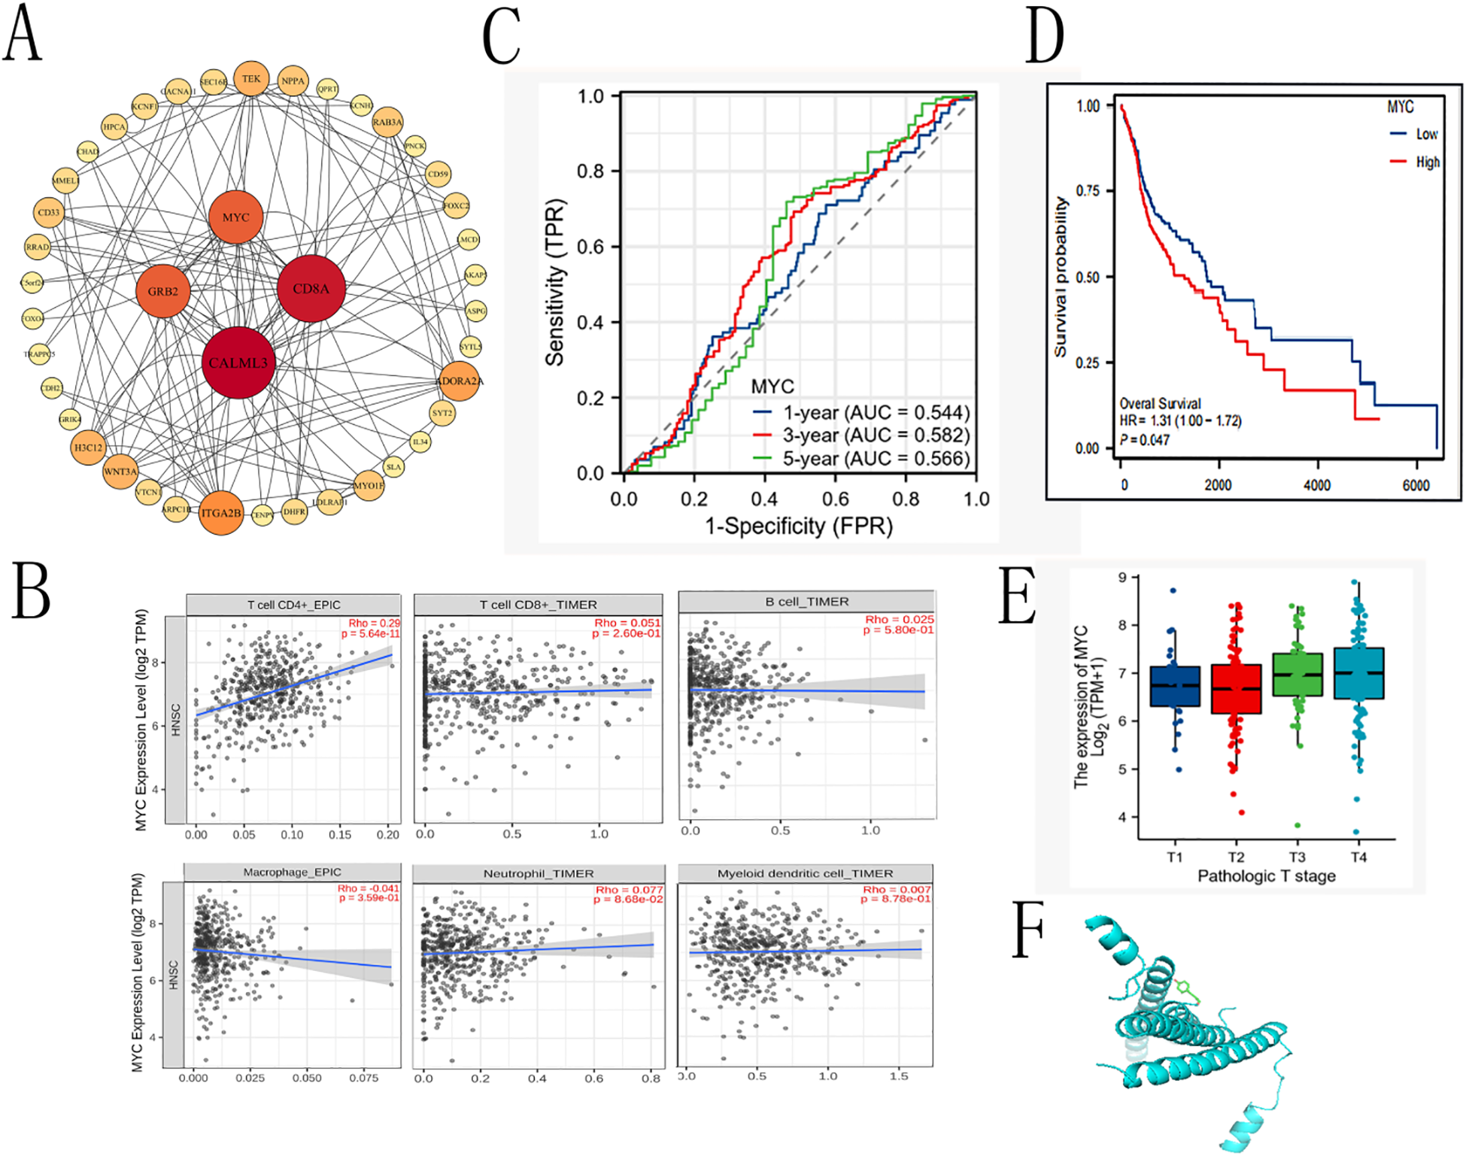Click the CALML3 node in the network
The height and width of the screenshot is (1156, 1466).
click(x=238, y=363)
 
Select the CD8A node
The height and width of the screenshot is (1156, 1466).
click(x=311, y=288)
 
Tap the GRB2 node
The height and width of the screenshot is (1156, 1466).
click(x=162, y=291)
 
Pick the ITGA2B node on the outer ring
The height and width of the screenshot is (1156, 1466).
click(x=221, y=512)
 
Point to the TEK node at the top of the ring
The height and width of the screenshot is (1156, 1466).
click(x=251, y=79)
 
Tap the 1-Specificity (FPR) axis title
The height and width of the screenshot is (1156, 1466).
click(x=798, y=526)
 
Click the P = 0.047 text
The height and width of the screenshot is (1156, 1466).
click(x=1144, y=439)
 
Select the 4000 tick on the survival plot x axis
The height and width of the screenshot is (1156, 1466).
click(x=1316, y=485)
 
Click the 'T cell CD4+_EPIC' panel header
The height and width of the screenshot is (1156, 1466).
click(x=293, y=605)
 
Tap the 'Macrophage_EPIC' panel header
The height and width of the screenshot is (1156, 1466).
click(x=292, y=872)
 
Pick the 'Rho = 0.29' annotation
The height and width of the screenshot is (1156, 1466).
click(x=374, y=623)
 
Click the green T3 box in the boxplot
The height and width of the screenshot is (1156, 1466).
click(x=1297, y=675)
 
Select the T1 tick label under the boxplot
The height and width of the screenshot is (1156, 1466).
click(x=1175, y=857)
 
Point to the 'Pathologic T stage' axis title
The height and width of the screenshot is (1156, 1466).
click(x=1266, y=875)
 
